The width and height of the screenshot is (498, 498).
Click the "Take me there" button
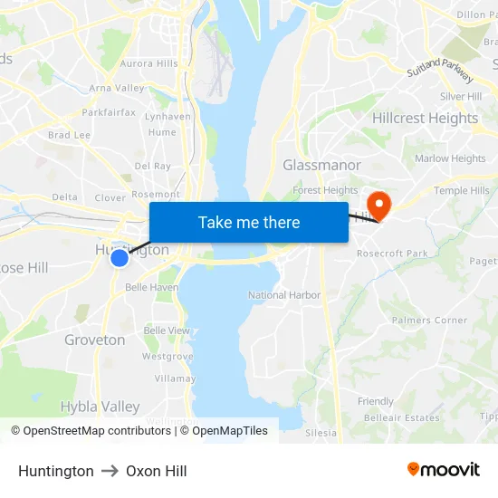(x=249, y=222)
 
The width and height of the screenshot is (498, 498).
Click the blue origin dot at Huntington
(x=120, y=258)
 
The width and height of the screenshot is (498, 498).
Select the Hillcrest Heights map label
(x=425, y=118)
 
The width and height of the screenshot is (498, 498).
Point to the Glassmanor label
(x=321, y=165)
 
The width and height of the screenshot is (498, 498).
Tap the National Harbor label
(x=284, y=295)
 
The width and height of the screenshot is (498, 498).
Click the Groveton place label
(x=95, y=340)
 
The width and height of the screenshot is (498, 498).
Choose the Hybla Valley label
(x=100, y=407)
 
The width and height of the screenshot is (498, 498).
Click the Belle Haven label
(x=151, y=287)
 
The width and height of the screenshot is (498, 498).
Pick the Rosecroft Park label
(x=392, y=254)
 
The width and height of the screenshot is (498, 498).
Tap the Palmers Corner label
(x=429, y=320)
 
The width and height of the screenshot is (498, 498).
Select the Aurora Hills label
(x=149, y=63)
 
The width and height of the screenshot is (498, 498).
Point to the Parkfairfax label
(x=109, y=112)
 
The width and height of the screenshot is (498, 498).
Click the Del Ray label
(x=152, y=166)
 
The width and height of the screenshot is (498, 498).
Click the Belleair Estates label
(x=401, y=417)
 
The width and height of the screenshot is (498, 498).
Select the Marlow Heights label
(x=450, y=158)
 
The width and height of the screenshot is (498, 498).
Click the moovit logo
(x=444, y=470)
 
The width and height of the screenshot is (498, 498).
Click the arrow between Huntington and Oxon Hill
(x=110, y=471)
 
